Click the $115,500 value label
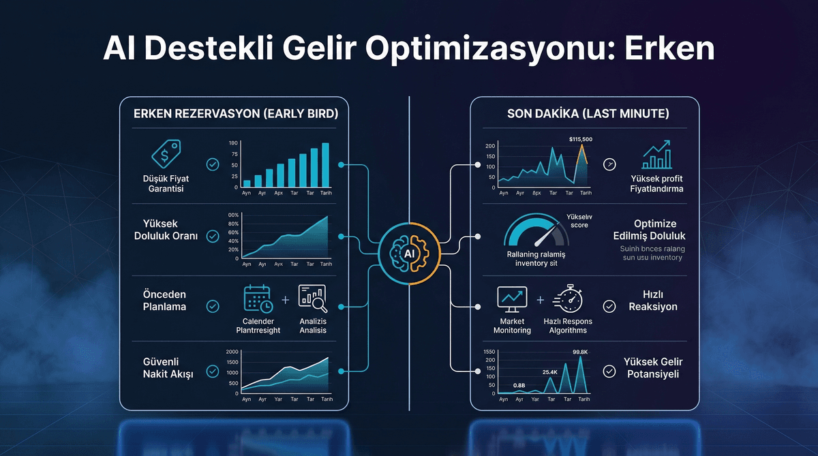click(580, 139)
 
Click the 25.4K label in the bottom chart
click(550, 371)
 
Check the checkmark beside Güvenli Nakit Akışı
click(213, 371)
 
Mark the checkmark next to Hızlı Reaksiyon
click(610, 307)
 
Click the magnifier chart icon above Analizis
click(312, 299)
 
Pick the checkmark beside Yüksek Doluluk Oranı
click(213, 237)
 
